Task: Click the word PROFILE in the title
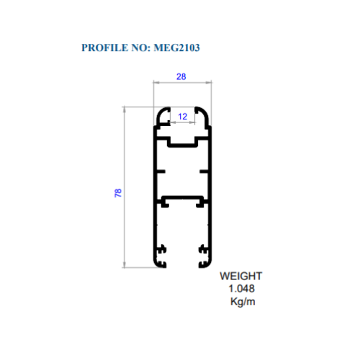coord(105,48)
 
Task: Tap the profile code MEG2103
coord(176,48)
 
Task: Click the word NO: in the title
coord(141,48)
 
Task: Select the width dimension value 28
coord(181,76)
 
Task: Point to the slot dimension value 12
coord(182,117)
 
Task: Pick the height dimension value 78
coord(118,193)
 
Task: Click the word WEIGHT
coord(240,276)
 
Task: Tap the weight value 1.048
coord(241,289)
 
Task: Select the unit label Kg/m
coord(243,302)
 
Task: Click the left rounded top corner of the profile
coord(159,113)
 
